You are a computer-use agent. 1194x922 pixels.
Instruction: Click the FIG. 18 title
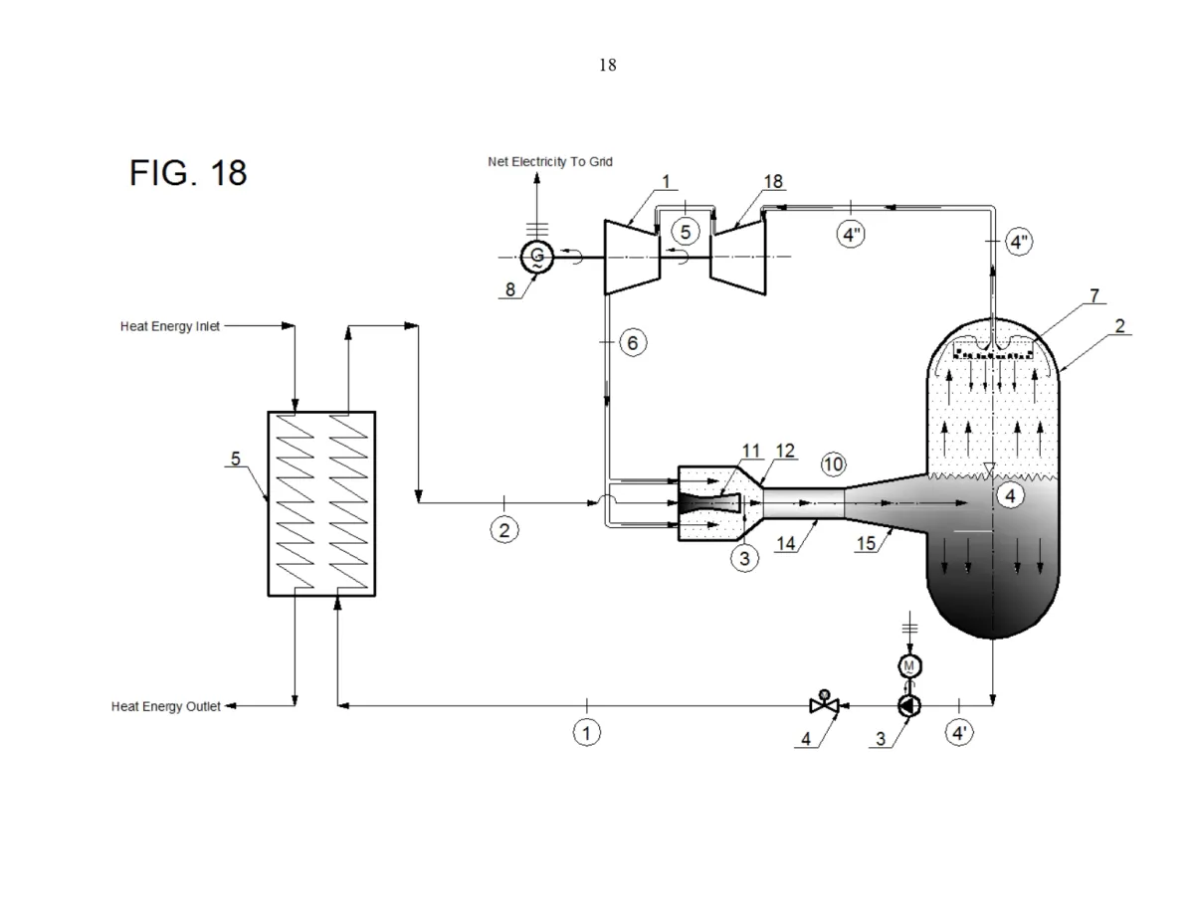188,173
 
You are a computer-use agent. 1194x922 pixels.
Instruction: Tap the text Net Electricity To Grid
549,161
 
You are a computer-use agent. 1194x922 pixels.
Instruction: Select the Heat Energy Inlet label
170,325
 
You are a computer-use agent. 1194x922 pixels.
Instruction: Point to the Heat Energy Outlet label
166,706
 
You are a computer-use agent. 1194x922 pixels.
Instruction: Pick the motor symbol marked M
908,664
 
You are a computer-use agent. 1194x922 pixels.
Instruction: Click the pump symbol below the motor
908,705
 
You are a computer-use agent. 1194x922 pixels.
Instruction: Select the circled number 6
634,343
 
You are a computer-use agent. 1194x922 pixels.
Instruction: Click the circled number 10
833,463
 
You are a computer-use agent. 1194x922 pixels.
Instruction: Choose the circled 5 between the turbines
685,231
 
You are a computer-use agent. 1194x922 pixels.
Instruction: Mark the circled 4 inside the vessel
1010,494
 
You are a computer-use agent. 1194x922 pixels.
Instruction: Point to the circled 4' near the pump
959,734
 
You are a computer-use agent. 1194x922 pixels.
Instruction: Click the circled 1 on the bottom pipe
587,733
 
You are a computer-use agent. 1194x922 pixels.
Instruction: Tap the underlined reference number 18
773,181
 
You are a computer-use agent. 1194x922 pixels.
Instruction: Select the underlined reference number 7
1094,296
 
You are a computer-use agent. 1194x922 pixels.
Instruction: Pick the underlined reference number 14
786,546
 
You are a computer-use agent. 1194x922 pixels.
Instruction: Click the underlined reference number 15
866,546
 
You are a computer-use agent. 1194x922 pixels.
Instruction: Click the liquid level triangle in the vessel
988,467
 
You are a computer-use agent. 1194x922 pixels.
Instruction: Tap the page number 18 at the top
607,66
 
